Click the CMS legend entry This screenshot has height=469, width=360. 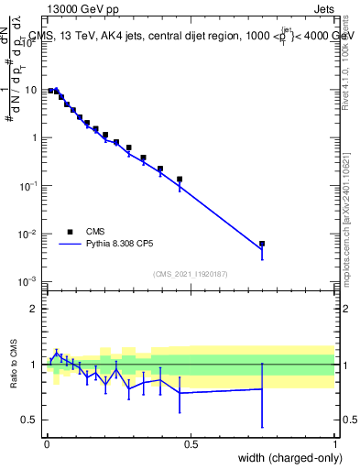[x=95, y=232]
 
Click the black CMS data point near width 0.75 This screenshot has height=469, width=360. [x=262, y=244]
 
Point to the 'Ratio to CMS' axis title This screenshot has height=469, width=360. [x=13, y=364]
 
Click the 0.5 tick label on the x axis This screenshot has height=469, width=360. [x=191, y=444]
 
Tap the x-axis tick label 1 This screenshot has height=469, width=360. [x=335, y=444]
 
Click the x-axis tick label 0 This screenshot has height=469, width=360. [x=47, y=444]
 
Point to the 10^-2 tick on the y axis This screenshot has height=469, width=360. [x=29, y=234]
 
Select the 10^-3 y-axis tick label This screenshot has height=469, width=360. [x=29, y=281]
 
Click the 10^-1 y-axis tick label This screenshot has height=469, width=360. [x=29, y=186]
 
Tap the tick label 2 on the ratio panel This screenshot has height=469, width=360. [x=34, y=309]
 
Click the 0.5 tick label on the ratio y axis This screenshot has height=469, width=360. [x=30, y=420]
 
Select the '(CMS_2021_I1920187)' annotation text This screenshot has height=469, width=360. [x=191, y=273]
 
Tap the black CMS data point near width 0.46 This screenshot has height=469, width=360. [x=180, y=180]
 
